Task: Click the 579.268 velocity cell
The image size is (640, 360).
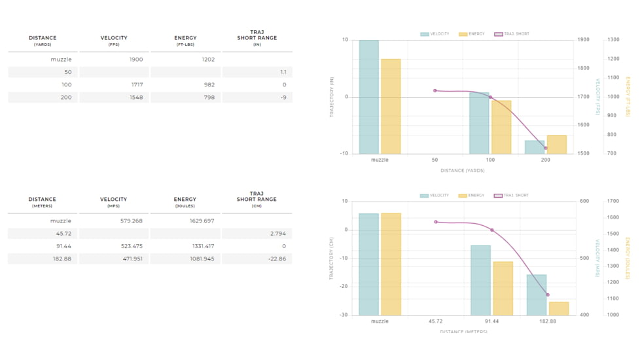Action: tap(132, 221)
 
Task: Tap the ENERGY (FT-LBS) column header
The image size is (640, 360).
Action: tap(185, 41)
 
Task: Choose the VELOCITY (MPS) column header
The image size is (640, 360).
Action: tap(113, 202)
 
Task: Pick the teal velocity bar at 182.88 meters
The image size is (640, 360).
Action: tap(537, 295)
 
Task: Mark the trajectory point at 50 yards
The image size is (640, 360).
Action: tap(435, 90)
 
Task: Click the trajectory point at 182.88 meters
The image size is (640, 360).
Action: tap(548, 295)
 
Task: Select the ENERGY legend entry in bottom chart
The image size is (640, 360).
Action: tap(472, 196)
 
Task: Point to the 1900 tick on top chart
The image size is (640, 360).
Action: tap(583, 40)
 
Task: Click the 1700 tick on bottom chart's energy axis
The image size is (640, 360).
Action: tap(613, 202)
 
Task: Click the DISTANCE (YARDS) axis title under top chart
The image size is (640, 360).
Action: tap(463, 171)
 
